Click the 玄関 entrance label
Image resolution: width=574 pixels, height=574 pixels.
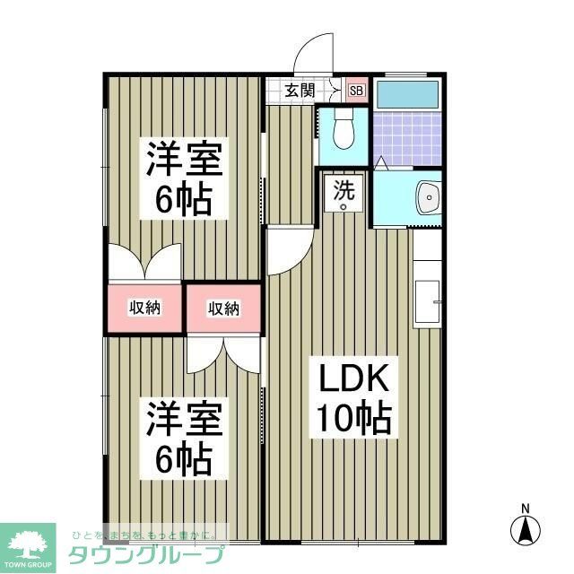pos(300,90)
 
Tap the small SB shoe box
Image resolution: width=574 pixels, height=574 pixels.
pos(356,90)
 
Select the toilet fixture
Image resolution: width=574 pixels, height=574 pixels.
pos(342,134)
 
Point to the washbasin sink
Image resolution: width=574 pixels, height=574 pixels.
pos(427,196)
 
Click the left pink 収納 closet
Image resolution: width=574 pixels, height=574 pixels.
pos(144,308)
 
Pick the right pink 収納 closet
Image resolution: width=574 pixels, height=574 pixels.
pos(223,309)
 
